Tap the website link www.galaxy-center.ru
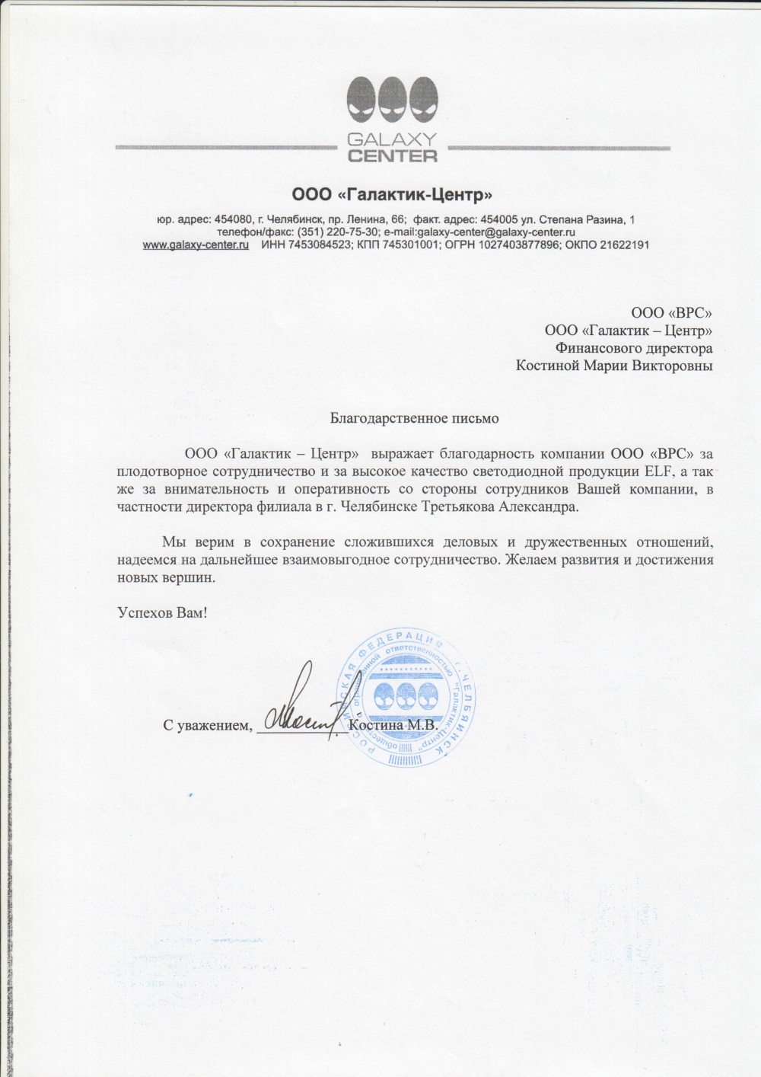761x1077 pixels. [196, 245]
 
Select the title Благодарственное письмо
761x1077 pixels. [414, 417]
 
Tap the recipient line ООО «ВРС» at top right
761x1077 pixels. [671, 312]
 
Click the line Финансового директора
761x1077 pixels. [634, 348]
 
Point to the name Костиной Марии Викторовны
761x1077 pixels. [614, 366]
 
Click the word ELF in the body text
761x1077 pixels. [656, 471]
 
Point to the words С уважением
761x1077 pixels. [207, 725]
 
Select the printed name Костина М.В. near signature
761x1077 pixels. [393, 725]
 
